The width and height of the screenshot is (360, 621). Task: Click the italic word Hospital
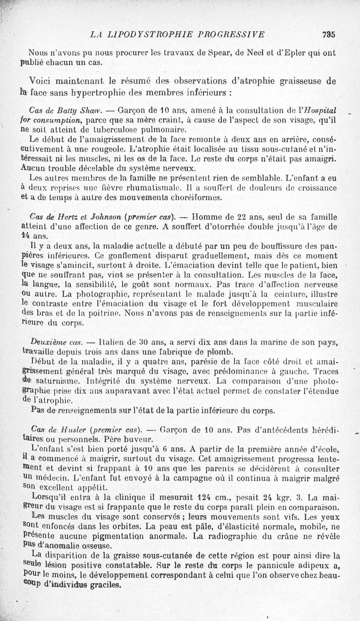coord(323,111)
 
